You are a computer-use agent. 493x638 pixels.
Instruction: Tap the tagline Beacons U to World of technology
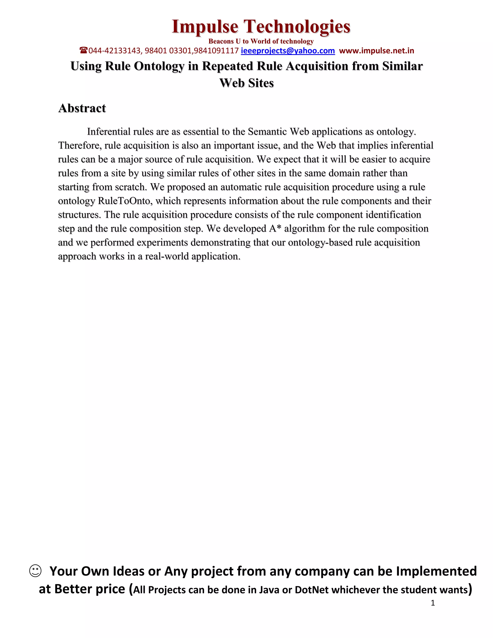click(261, 41)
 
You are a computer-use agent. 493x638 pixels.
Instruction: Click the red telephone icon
click(84, 51)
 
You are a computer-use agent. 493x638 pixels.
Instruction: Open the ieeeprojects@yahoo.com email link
click(288, 51)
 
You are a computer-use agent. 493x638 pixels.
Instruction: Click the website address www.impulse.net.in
click(376, 51)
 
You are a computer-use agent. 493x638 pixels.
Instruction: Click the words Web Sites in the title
click(246, 83)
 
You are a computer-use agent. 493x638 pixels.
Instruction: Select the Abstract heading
click(82, 108)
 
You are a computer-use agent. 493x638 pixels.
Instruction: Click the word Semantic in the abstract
click(267, 132)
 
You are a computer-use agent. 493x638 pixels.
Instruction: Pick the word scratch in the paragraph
click(131, 187)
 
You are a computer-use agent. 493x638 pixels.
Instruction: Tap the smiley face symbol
click(35, 571)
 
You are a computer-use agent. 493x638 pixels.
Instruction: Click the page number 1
click(433, 603)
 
